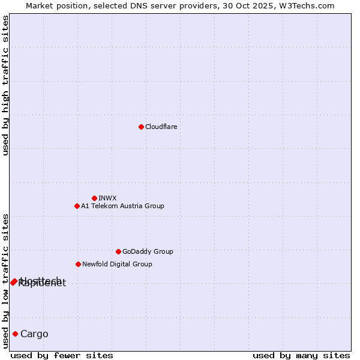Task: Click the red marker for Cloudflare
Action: point(141,127)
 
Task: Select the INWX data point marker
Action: point(94,198)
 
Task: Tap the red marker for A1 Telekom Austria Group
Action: point(77,206)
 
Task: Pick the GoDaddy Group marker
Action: point(118,251)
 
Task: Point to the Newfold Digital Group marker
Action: point(78,264)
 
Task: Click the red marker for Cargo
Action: point(15,334)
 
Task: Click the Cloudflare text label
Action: point(161,127)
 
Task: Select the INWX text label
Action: point(107,198)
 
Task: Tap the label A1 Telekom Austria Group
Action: point(122,206)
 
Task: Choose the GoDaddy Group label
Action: point(148,251)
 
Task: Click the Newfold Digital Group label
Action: point(117,264)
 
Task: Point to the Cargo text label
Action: point(34,334)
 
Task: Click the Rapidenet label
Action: point(42,284)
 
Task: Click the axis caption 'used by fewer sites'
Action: point(62,355)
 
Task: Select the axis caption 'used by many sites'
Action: point(301,355)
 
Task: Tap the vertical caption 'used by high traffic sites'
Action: point(5,85)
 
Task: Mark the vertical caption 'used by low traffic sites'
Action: point(5,281)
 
